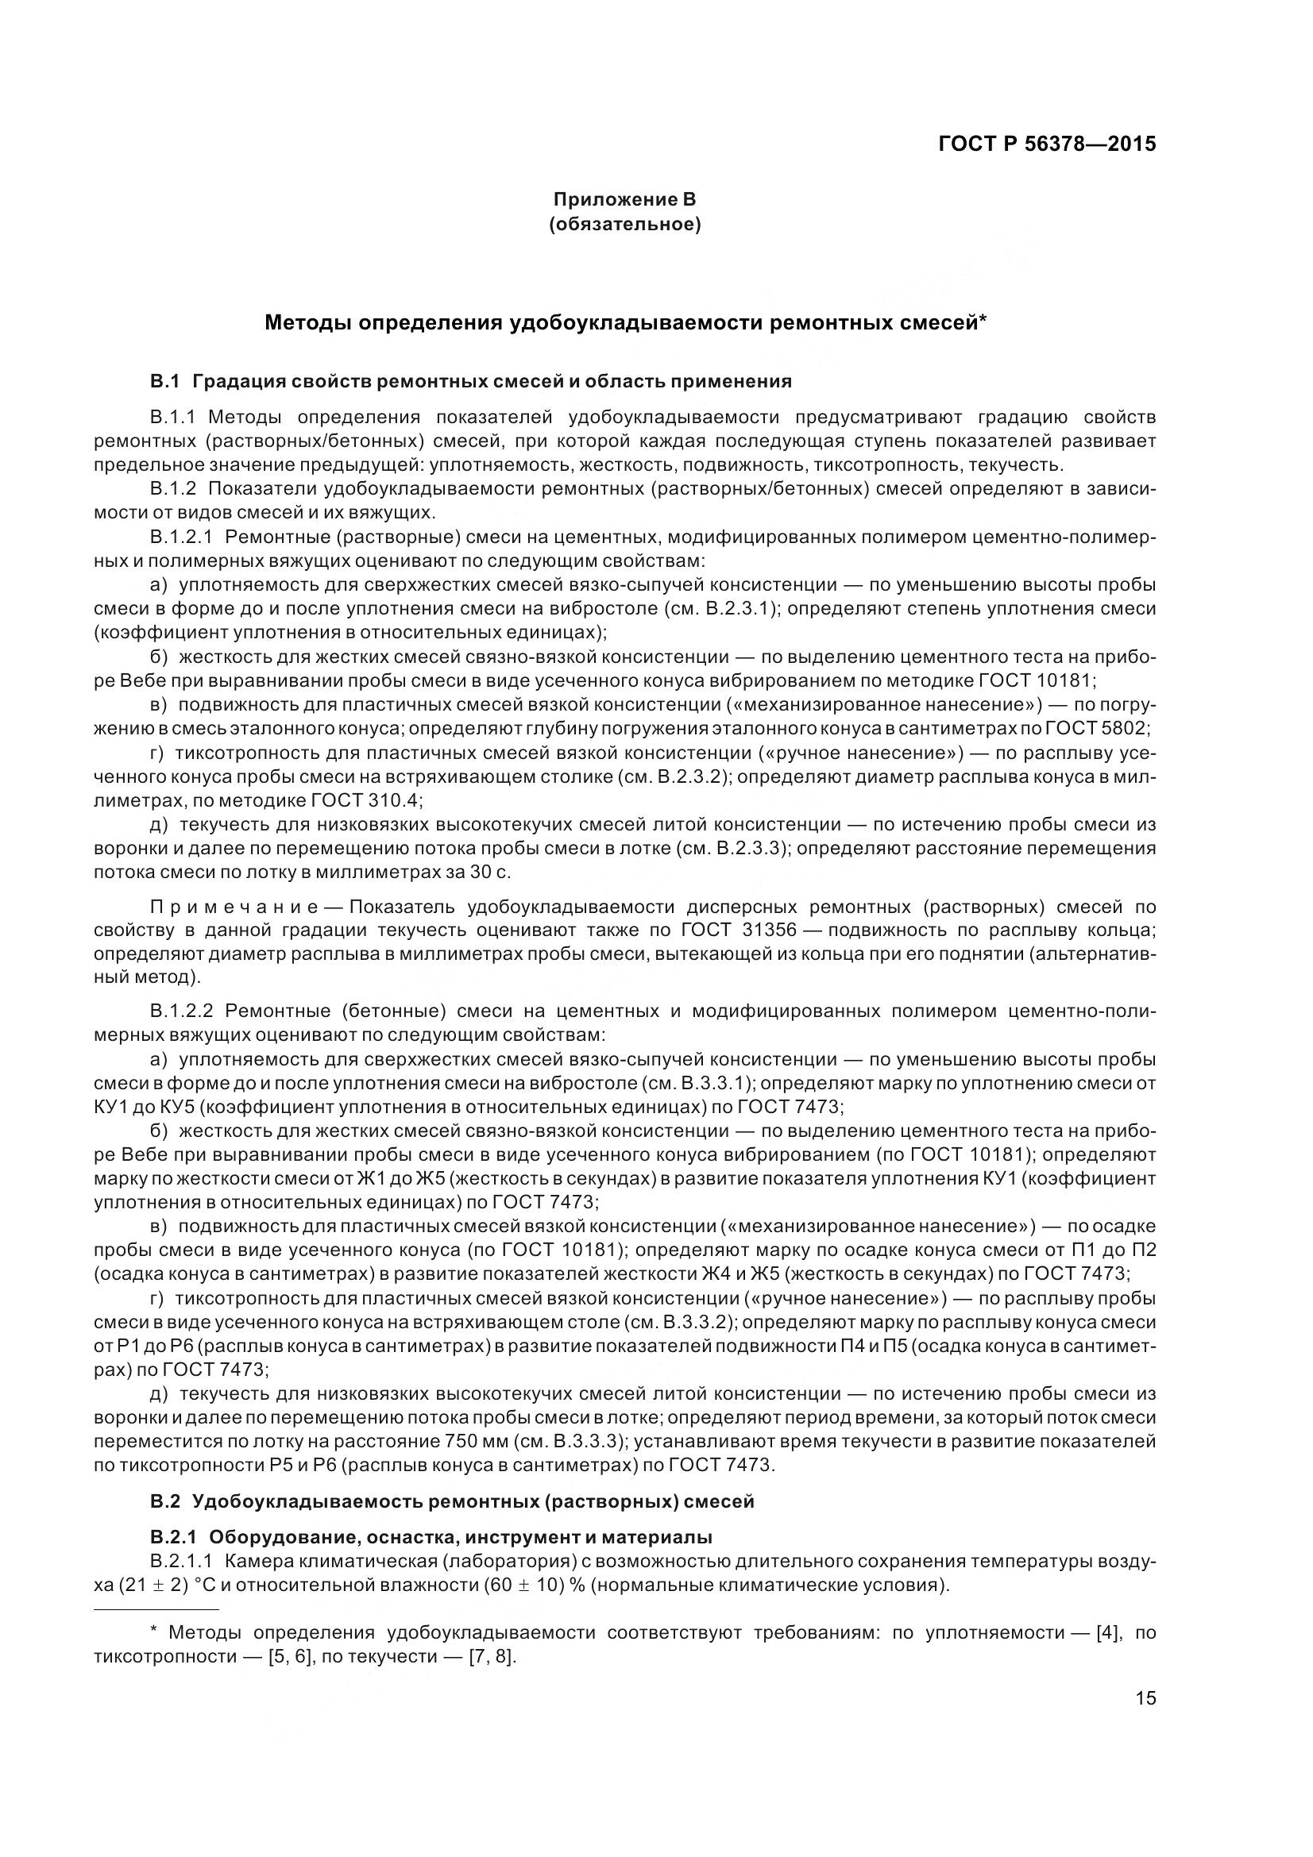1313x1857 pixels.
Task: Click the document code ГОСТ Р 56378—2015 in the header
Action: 1047,144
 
